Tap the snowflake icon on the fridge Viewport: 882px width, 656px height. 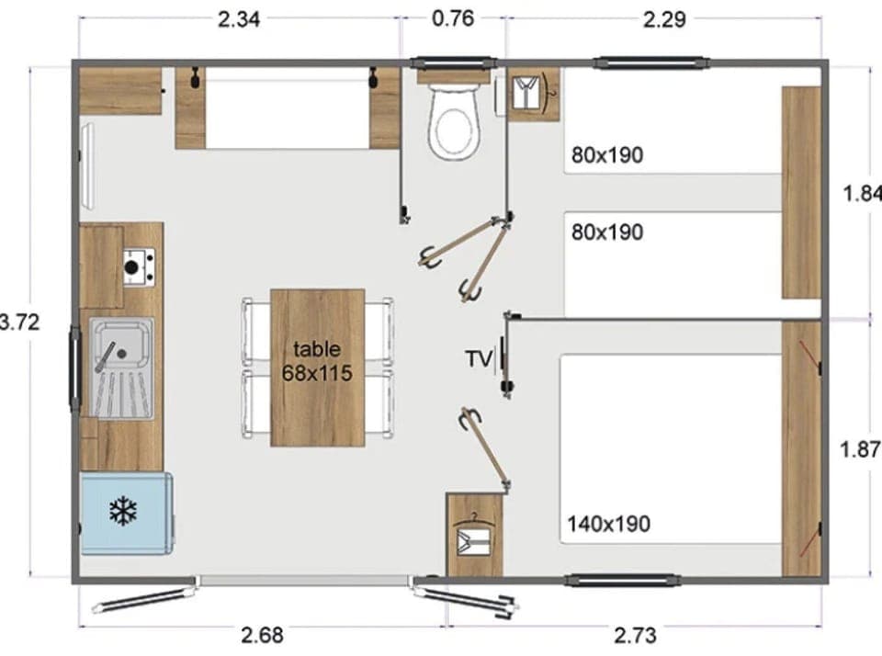click(123, 512)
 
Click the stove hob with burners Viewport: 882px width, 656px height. click(139, 266)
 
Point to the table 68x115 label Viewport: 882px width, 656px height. click(317, 360)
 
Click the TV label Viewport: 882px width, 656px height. click(478, 359)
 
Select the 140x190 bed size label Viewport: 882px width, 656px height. click(608, 524)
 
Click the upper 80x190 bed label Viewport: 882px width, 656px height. click(606, 155)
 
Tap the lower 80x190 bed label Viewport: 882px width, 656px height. click(606, 232)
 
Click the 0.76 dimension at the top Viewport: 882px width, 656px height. click(452, 18)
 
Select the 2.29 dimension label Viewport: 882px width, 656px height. click(663, 19)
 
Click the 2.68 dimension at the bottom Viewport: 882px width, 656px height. click(262, 635)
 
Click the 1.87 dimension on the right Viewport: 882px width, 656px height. click(860, 451)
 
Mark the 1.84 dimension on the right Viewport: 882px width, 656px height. click(862, 194)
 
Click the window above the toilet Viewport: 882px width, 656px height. click(452, 63)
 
